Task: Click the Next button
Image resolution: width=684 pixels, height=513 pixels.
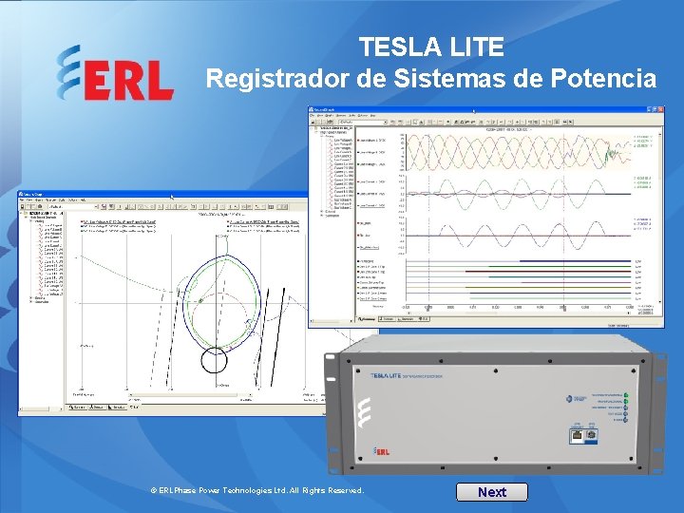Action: pos(491,491)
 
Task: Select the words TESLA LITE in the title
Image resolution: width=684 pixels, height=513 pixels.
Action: pos(431,47)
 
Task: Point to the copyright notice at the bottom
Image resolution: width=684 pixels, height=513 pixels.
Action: pos(257,490)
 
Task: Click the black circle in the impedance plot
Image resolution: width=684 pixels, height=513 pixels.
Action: pos(215,360)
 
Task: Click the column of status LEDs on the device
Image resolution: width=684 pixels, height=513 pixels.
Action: pos(624,404)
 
